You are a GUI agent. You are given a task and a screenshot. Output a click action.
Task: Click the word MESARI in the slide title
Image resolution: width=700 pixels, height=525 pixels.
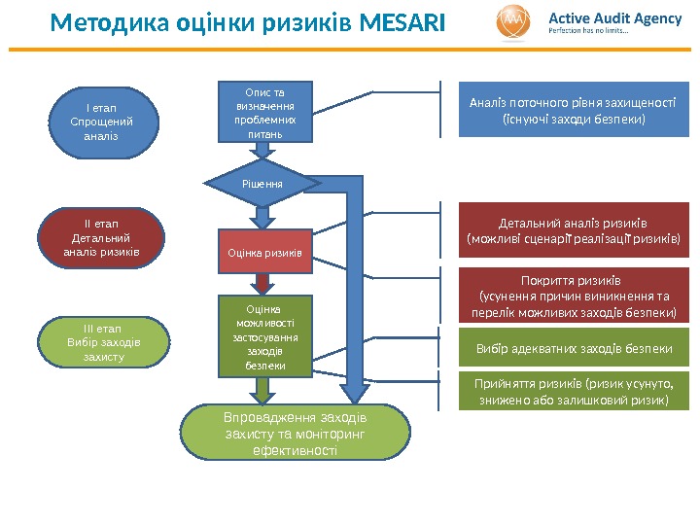point(401,21)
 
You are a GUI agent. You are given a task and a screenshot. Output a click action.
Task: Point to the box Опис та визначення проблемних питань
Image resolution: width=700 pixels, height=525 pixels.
point(259,111)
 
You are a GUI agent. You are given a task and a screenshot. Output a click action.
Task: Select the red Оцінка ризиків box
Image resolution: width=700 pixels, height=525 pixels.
point(264,252)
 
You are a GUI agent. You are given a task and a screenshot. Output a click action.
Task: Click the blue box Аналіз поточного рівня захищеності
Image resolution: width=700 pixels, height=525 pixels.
point(573,112)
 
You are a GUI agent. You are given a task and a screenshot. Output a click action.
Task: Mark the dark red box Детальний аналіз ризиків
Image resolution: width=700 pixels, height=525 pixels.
point(573,228)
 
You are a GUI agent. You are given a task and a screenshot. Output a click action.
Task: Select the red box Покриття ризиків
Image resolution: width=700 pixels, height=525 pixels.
point(573,296)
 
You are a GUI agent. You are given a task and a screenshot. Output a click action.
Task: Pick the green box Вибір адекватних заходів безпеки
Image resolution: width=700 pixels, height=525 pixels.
point(573,348)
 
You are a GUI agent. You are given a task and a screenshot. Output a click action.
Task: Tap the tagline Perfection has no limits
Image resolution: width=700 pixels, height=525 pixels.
point(589,30)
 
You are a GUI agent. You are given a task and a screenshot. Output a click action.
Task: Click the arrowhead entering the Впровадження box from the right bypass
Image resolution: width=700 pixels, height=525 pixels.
point(357,393)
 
